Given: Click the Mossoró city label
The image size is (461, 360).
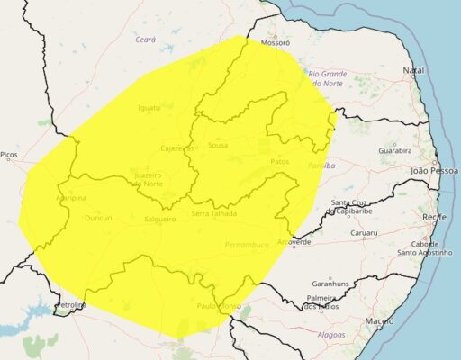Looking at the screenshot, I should coord(275,42).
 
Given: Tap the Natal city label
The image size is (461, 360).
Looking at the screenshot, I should coord(414,70).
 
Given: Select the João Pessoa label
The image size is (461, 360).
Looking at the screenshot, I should coord(433,170).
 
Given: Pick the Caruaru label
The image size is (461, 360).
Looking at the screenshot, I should coord(364,232).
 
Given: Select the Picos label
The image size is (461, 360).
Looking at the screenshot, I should coord(9,155).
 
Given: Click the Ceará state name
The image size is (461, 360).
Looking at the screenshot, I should coord(145,40).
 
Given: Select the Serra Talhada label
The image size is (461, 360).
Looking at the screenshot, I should coord(214,214).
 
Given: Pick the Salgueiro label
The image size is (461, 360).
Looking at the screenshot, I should coord(159,219).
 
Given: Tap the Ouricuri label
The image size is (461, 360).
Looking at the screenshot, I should coord(97,218).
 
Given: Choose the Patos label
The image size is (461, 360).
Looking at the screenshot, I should coord(279,162).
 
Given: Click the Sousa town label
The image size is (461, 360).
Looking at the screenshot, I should coord(217,145).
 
